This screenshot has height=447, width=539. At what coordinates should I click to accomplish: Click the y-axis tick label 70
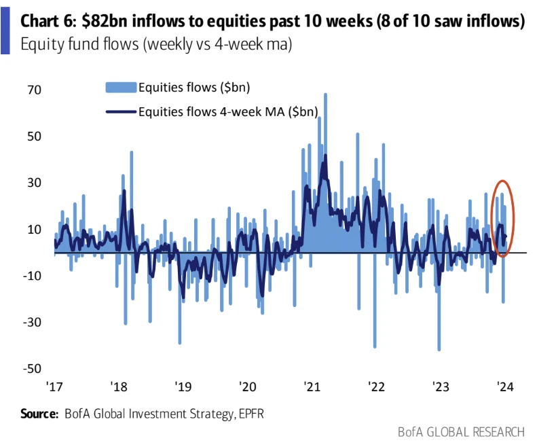(34, 90)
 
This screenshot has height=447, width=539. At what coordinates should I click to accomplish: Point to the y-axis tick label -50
(31, 368)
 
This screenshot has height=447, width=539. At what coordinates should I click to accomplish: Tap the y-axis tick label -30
(31, 322)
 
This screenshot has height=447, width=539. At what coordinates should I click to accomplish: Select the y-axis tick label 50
(34, 136)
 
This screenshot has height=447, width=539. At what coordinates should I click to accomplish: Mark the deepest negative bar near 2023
(439, 350)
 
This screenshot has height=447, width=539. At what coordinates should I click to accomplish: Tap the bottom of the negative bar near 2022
(375, 346)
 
